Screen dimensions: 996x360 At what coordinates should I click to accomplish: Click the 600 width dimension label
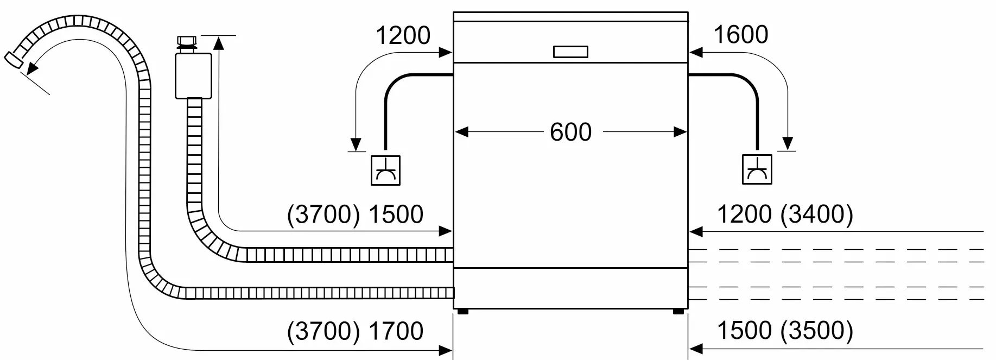pos(570,132)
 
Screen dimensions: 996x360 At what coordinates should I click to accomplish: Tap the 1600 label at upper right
pos(740,35)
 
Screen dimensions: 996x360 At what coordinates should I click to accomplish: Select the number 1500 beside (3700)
pos(396,214)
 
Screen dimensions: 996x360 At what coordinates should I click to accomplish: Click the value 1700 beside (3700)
pos(396,331)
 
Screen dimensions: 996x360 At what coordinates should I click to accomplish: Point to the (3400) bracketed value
pos(816,214)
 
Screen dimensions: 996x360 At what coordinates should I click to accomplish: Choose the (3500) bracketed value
pos(816,331)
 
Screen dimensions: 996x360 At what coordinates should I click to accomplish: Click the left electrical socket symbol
pos(385,170)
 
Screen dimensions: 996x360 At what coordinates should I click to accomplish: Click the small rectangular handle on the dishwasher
pos(570,52)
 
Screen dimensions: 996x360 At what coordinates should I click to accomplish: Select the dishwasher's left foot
pos(462,312)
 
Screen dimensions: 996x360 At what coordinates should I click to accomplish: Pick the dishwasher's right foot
pos(678,312)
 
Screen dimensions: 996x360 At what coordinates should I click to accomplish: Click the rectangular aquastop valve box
pos(194,76)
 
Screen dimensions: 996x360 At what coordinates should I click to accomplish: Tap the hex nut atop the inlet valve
pos(187,42)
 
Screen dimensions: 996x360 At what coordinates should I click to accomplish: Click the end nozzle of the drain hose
pos(14,59)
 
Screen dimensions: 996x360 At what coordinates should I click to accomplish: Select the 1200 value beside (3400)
pos(745,214)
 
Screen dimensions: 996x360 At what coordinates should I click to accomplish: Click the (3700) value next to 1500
pos(323,214)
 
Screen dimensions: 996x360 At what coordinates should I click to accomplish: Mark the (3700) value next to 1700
pos(323,331)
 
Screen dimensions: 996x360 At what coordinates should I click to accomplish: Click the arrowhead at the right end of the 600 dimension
pos(681,132)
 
